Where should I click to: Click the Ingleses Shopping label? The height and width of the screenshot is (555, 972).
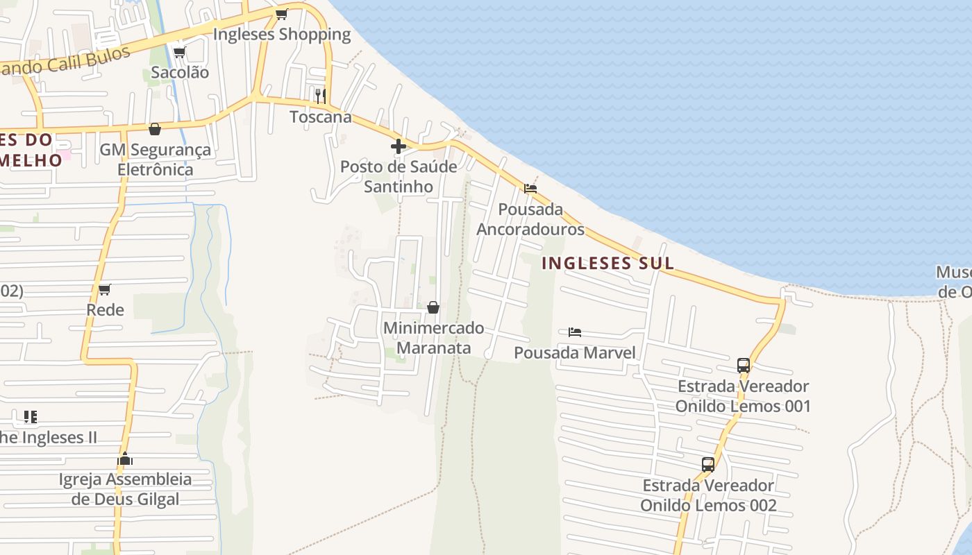282,34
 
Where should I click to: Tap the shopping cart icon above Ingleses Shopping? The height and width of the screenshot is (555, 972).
281,14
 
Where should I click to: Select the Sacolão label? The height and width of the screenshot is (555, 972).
180,72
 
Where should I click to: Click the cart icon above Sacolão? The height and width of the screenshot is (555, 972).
179,52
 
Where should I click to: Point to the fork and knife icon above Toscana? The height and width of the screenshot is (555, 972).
320,96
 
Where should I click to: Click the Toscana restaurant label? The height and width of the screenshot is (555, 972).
321,117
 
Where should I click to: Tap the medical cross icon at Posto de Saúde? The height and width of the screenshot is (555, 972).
399,146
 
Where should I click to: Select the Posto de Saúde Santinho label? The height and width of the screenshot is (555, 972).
399,176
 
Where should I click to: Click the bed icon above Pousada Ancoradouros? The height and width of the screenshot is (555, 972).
530,188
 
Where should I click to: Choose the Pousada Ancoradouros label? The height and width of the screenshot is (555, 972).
530,219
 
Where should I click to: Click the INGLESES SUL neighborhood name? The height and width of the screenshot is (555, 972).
607,263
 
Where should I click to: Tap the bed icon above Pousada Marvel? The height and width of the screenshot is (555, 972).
575,332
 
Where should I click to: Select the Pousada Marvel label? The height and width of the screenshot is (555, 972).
575,352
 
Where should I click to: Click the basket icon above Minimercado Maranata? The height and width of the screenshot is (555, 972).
433,307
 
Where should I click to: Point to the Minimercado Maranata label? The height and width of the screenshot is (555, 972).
433,337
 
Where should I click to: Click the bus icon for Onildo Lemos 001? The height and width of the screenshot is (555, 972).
743,365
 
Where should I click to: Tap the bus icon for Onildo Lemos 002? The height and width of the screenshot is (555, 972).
708,464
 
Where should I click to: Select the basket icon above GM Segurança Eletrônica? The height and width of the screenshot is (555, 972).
155,129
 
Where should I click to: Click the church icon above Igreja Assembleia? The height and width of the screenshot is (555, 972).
125,459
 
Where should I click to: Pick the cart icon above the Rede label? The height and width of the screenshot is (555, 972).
105,289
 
